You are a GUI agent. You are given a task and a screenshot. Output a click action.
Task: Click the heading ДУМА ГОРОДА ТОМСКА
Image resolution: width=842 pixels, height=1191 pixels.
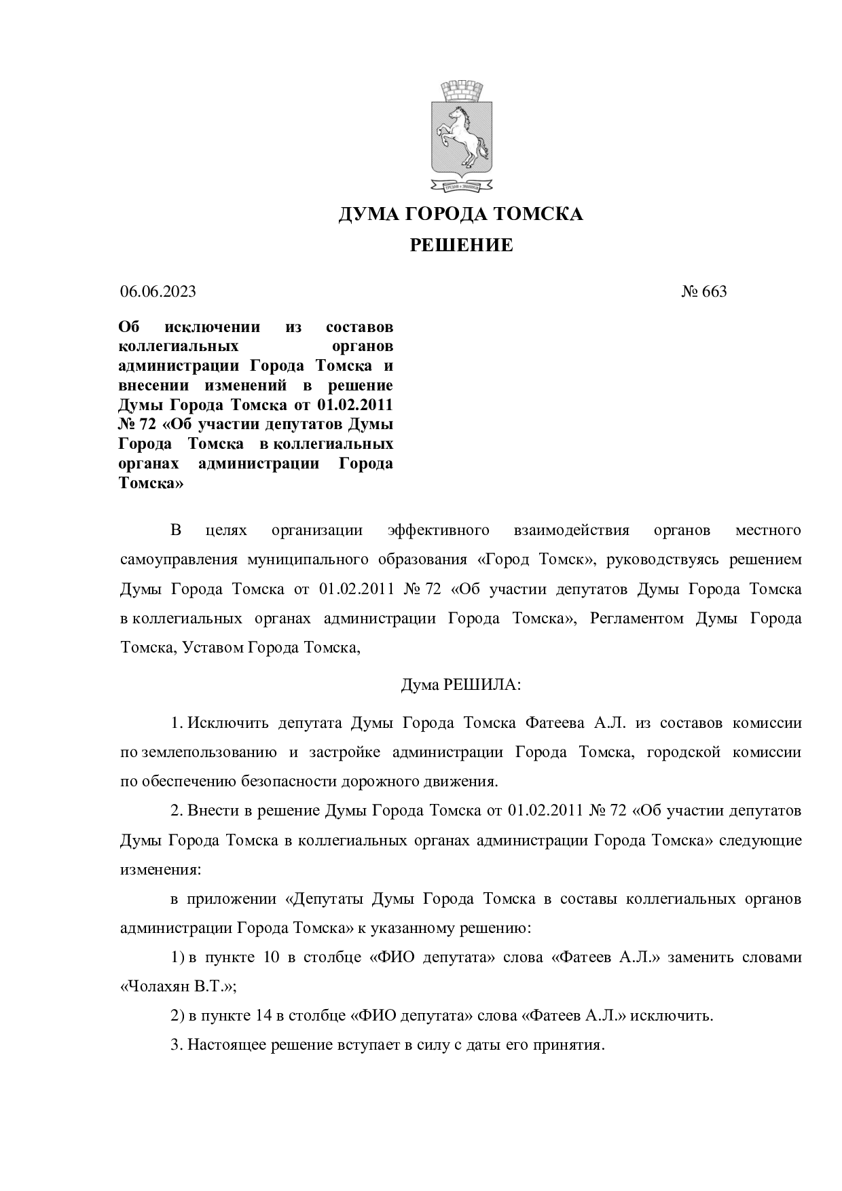461,215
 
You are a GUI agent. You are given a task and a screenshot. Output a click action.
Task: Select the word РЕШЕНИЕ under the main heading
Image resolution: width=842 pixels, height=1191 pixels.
461,245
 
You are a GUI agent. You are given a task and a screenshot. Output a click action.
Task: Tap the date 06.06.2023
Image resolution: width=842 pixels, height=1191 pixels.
158,292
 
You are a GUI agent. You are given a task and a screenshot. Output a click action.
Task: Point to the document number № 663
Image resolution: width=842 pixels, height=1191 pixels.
704,292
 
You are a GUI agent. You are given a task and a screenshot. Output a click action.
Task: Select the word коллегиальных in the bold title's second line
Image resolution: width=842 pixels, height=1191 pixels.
179,346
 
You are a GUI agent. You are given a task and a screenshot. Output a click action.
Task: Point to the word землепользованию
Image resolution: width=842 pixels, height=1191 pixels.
210,752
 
